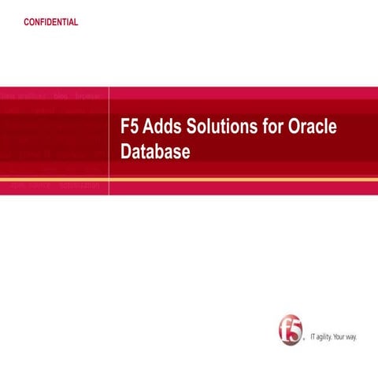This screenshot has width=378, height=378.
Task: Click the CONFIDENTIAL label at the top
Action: pyautogui.click(x=51, y=22)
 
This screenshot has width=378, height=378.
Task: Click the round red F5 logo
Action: pyautogui.click(x=291, y=331)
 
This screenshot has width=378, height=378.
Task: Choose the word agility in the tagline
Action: pyautogui.click(x=327, y=337)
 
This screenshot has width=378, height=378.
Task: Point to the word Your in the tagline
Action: pyautogui.click(x=344, y=337)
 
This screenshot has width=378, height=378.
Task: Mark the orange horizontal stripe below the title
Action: pyautogui.click(x=189, y=180)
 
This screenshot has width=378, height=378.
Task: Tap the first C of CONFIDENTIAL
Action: pyautogui.click(x=28, y=22)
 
